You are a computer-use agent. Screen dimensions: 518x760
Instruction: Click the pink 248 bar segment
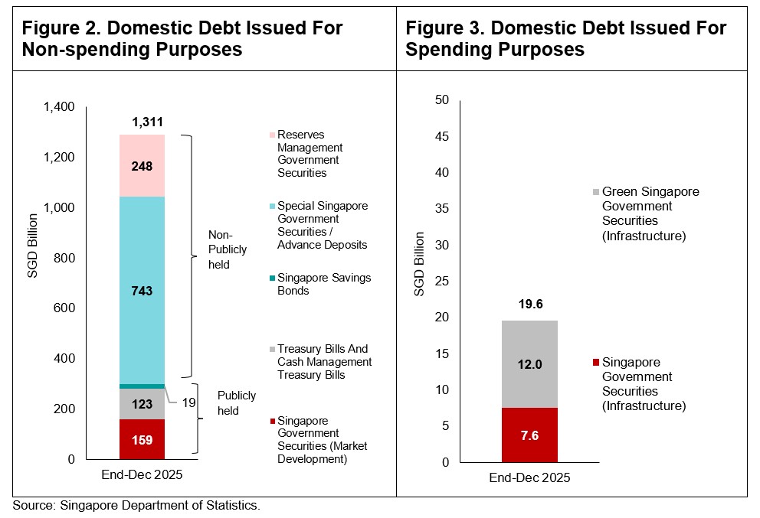143,165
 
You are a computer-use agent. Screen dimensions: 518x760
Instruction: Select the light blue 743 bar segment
143,291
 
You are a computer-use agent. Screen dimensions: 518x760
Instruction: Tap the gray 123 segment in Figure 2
143,404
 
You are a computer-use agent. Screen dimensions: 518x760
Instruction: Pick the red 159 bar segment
143,440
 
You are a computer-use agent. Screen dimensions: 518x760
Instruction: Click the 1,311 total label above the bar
147,122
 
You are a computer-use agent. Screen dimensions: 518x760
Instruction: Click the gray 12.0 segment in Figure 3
529,364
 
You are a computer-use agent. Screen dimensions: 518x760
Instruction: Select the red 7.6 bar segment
529,435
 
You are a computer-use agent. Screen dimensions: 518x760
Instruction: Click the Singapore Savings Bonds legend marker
271,278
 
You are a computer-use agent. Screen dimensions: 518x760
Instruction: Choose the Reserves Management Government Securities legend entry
308,154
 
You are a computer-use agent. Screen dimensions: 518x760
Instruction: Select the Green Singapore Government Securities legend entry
650,213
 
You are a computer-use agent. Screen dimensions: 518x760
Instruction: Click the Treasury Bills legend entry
324,362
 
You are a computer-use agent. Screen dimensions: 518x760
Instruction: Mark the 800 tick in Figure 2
64,259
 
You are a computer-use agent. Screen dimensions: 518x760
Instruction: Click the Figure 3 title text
565,39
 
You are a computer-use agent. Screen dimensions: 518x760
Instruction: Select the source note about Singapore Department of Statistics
136,506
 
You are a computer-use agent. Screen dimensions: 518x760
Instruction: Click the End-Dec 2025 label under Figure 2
142,474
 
